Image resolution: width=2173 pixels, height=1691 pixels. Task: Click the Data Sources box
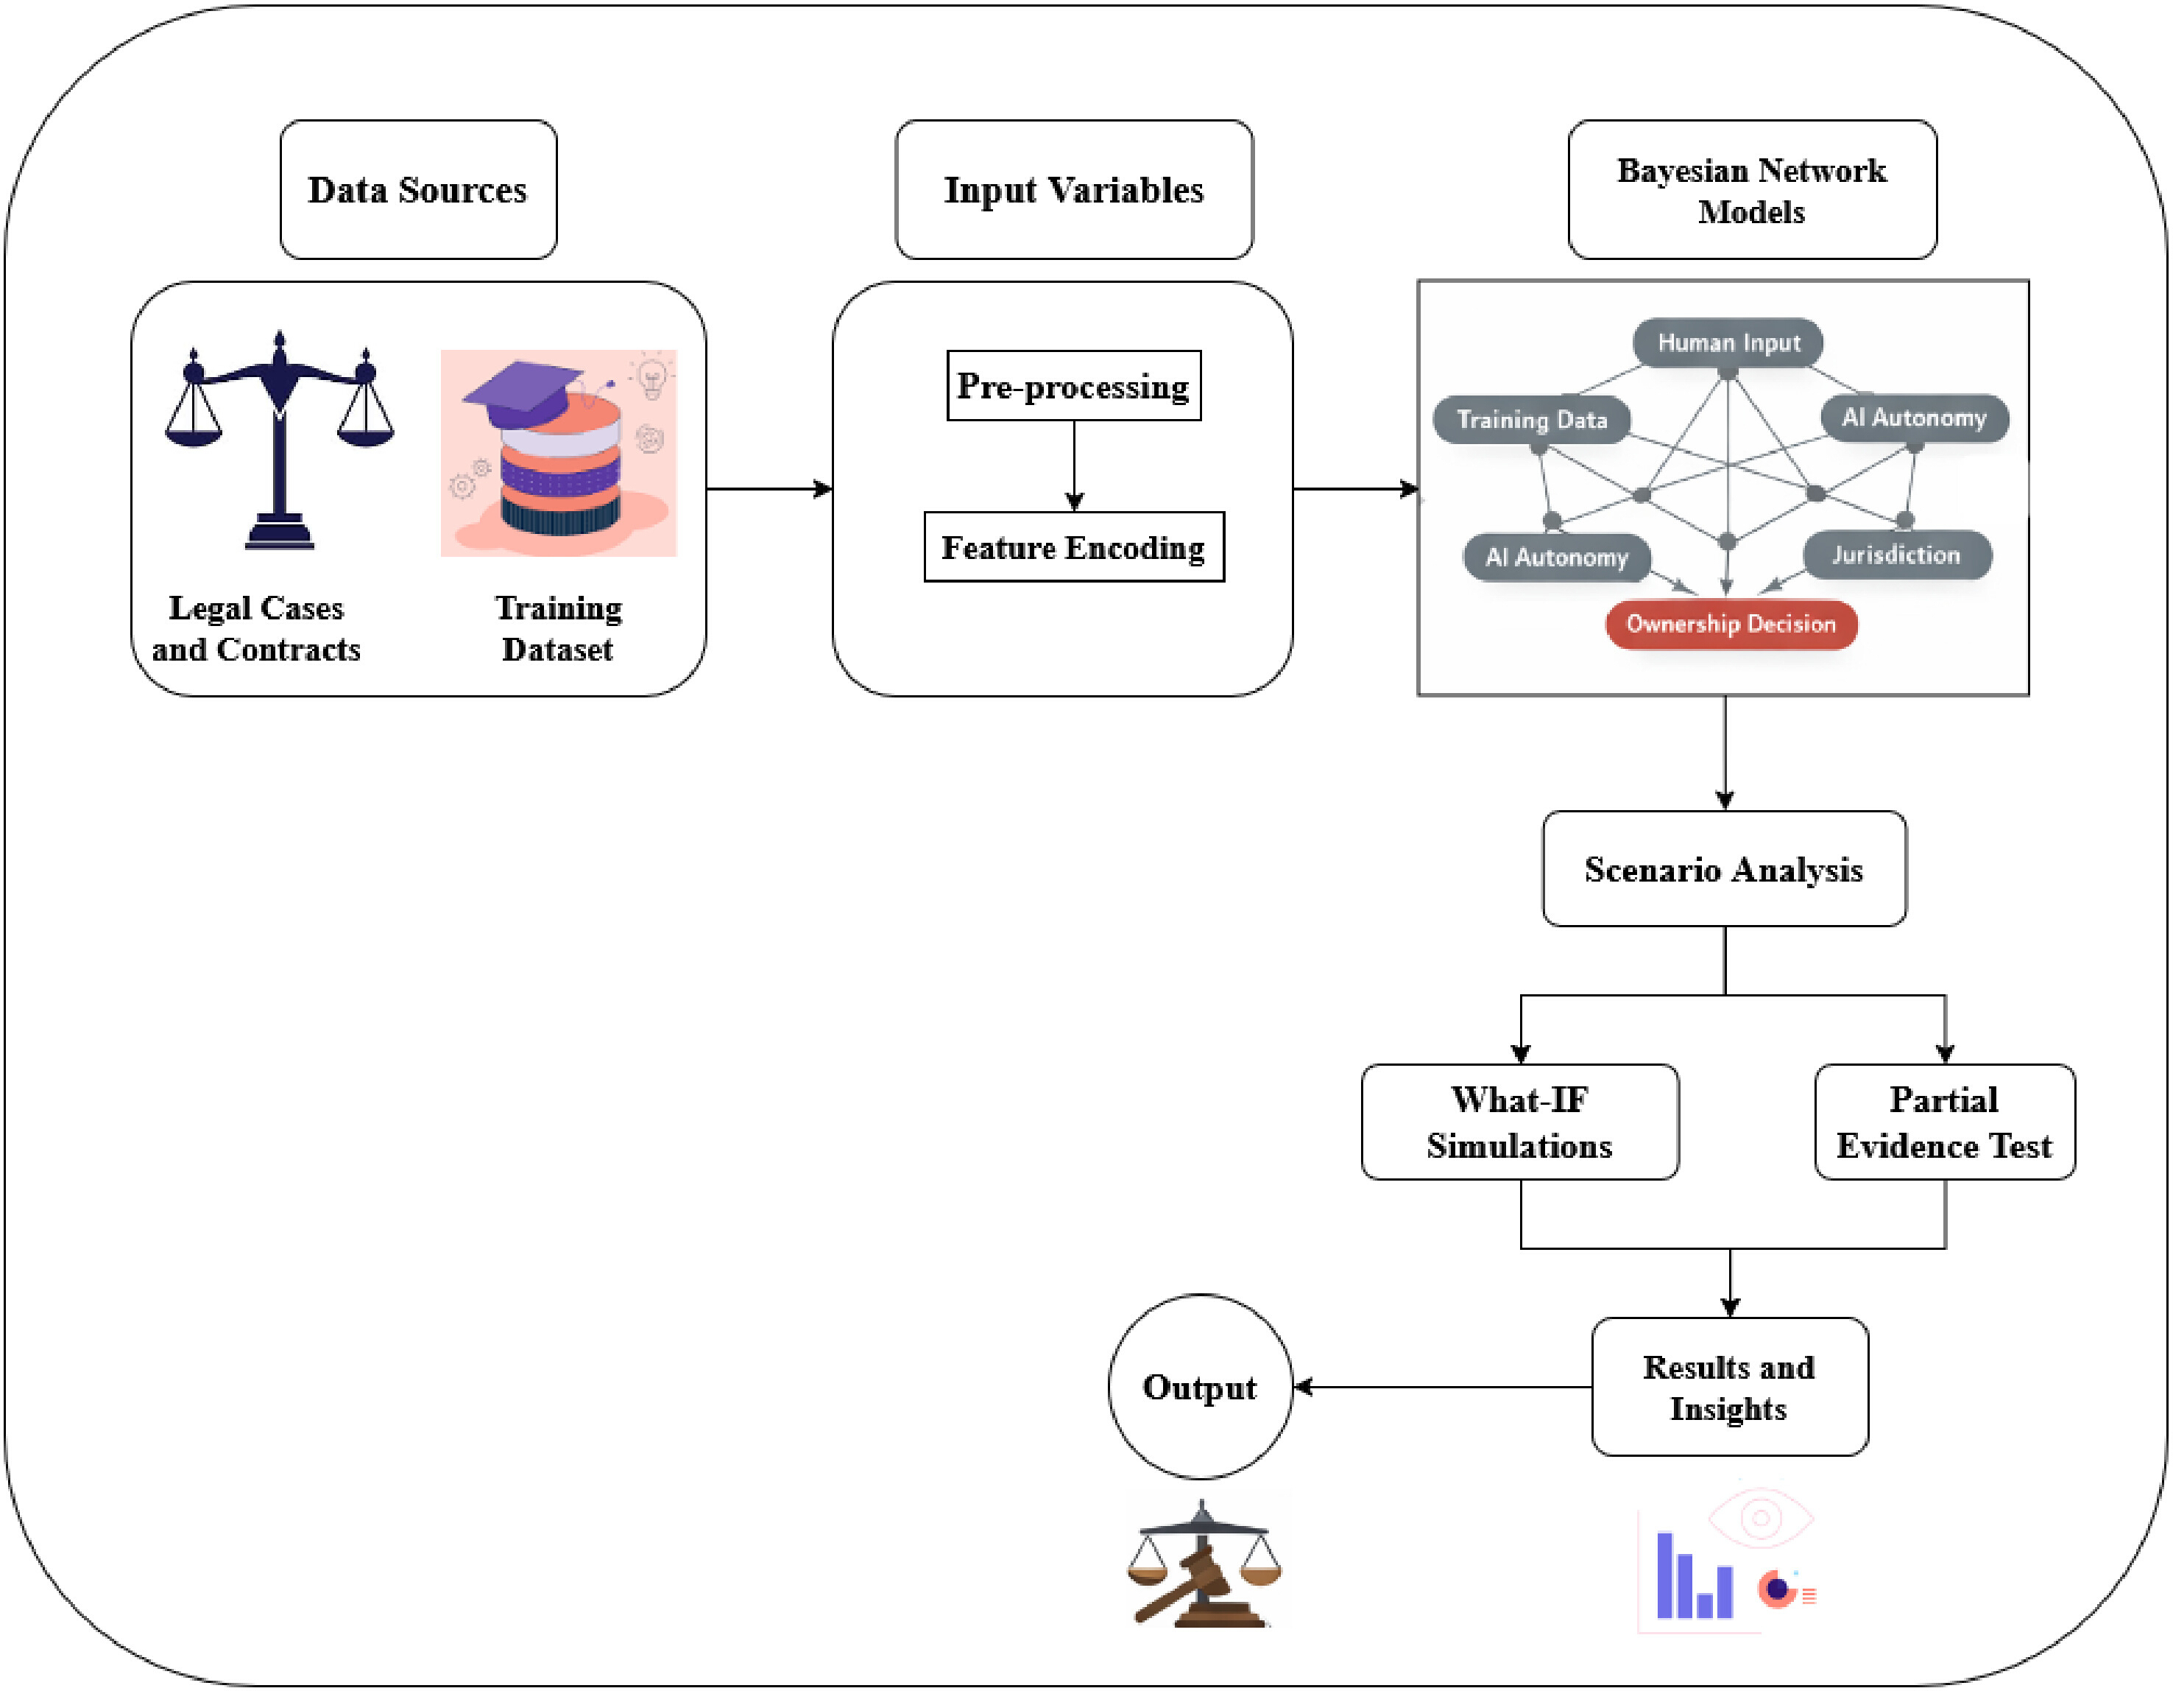tap(418, 190)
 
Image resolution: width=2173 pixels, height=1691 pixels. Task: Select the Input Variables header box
tap(1073, 190)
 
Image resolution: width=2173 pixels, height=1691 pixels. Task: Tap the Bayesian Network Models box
tap(1751, 190)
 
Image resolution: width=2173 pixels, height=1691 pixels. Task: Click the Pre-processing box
tap(1073, 386)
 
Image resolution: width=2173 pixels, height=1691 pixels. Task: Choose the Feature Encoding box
tap(1073, 547)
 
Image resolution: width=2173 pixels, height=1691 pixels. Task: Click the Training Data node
tap(1531, 420)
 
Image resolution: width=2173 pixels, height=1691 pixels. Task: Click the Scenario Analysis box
tap(1724, 869)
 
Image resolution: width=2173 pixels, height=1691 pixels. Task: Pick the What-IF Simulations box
tap(1519, 1122)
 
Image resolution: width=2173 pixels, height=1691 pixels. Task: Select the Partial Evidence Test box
tap(1944, 1122)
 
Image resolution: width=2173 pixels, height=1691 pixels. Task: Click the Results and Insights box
tap(1729, 1386)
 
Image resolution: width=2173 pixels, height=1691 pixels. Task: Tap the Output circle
tap(1200, 1386)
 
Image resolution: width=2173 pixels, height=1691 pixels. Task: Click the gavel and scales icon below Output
tap(1203, 1563)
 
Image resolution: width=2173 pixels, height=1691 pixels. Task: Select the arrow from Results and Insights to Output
tap(1443, 1386)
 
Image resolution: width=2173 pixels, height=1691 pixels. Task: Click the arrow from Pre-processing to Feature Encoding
tap(1073, 465)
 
